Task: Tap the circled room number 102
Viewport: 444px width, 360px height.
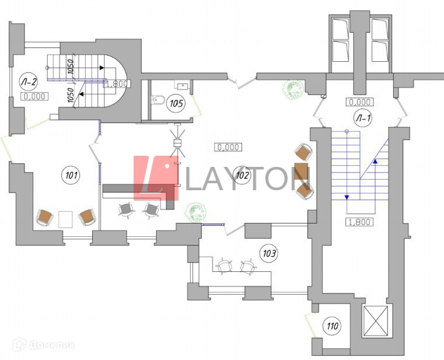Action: (x=242, y=173)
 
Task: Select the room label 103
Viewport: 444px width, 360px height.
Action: (x=269, y=253)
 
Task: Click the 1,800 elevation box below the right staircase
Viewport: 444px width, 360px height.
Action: (x=360, y=222)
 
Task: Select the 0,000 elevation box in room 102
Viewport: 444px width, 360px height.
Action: (x=228, y=148)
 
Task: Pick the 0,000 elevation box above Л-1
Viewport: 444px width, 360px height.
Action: (x=360, y=102)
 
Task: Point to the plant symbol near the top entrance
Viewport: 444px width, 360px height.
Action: (x=293, y=90)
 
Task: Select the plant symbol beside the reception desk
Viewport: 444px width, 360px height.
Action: (x=194, y=212)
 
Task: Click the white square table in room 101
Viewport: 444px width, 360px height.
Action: (x=65, y=219)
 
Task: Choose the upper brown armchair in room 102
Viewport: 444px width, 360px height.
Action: (x=303, y=153)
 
